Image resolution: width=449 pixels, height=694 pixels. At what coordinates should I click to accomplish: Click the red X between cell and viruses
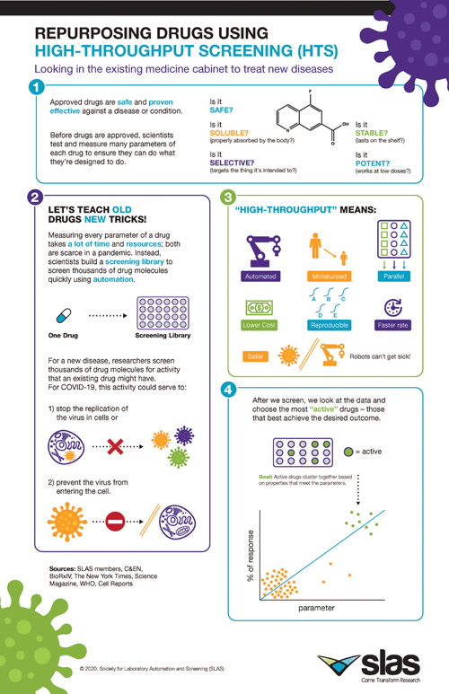pos(114,444)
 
